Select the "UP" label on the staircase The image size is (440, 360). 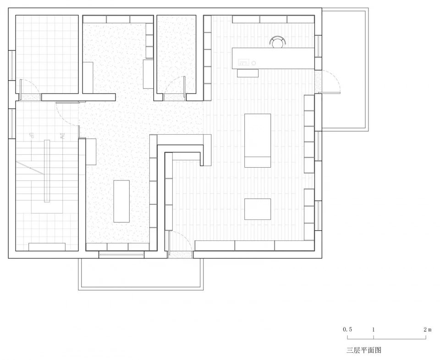pos(32,136)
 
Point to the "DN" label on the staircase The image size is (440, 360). pos(61,136)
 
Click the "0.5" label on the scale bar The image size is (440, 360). pos(347,329)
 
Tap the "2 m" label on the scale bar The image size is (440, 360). pos(428,329)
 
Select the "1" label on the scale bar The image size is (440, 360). pos(374,329)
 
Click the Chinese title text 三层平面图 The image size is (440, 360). pos(364,350)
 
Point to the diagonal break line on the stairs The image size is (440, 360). pos(30,168)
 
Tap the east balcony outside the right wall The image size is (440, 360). pos(344,69)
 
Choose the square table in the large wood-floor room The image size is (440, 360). pos(257,209)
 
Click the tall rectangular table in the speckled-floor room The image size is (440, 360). pos(121,201)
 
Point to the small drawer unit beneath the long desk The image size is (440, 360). pos(248,72)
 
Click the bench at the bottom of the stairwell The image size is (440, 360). pos(47,247)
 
